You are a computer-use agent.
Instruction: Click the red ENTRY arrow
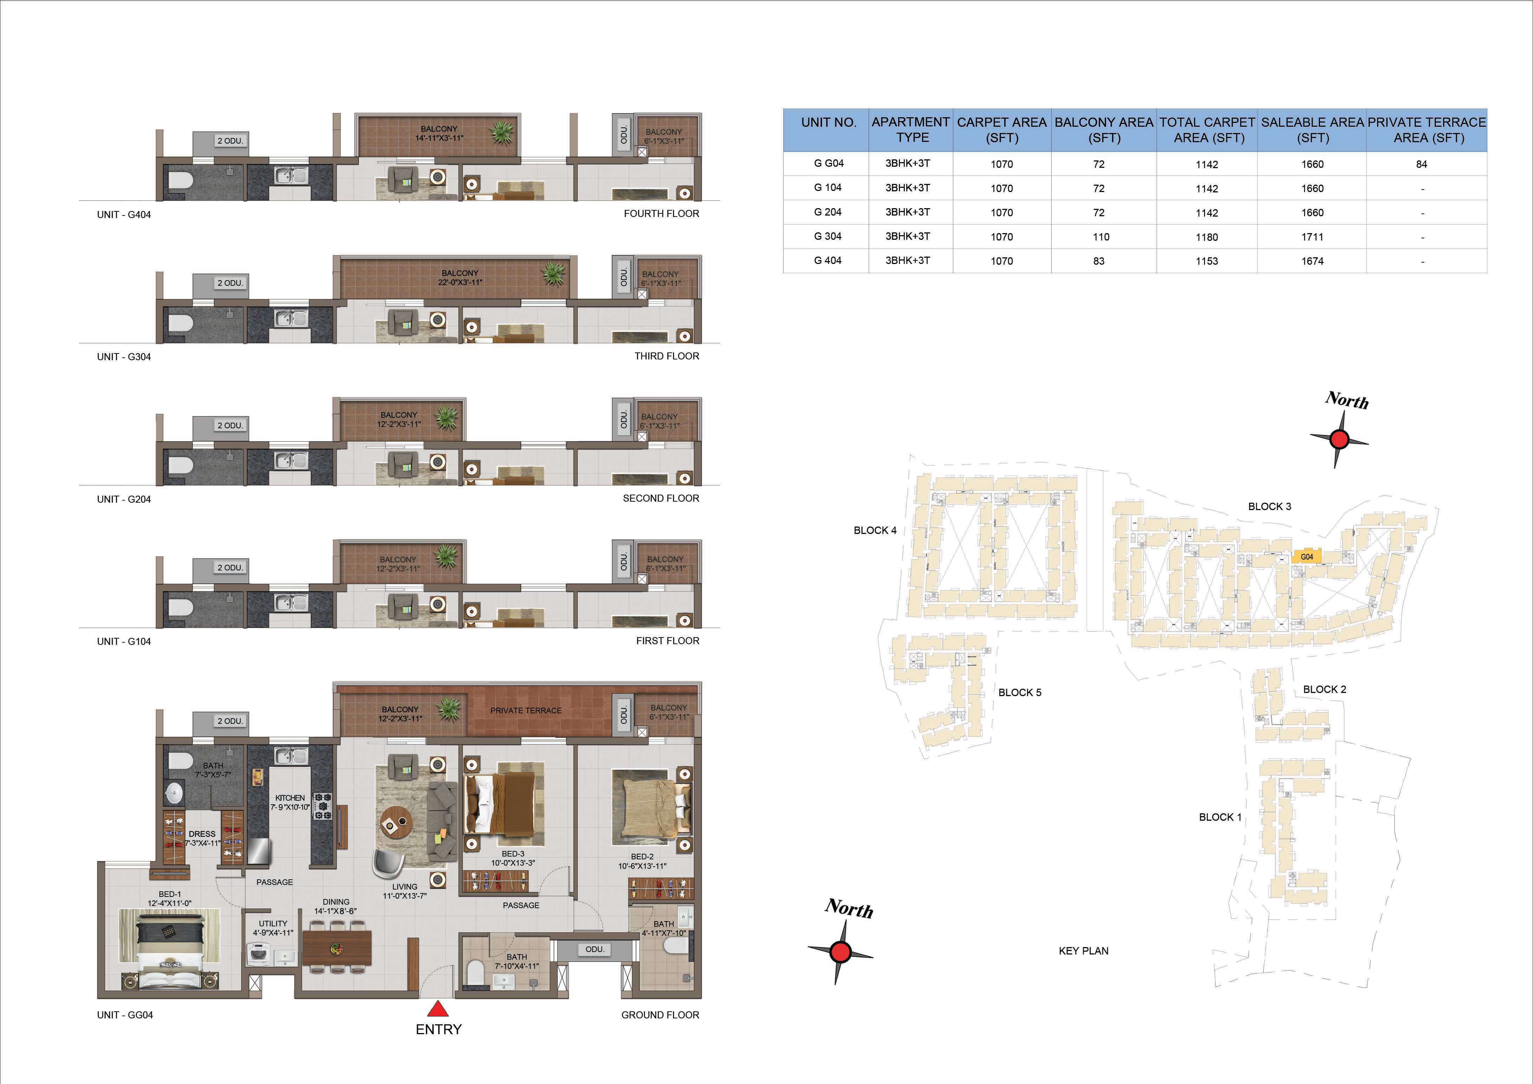tap(437, 1008)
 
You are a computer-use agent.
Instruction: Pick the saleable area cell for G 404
tap(1312, 261)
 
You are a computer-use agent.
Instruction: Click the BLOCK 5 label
tap(1020, 692)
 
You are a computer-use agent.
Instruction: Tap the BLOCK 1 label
tap(1220, 817)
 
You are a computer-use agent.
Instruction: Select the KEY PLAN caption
tap(1083, 951)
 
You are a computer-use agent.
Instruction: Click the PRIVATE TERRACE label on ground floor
tap(526, 710)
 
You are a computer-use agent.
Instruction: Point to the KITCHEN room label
tap(290, 798)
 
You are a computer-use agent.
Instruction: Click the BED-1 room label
tap(170, 894)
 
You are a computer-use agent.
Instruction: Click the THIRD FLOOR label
tap(666, 356)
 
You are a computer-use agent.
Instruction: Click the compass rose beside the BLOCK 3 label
tap(1339, 439)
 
